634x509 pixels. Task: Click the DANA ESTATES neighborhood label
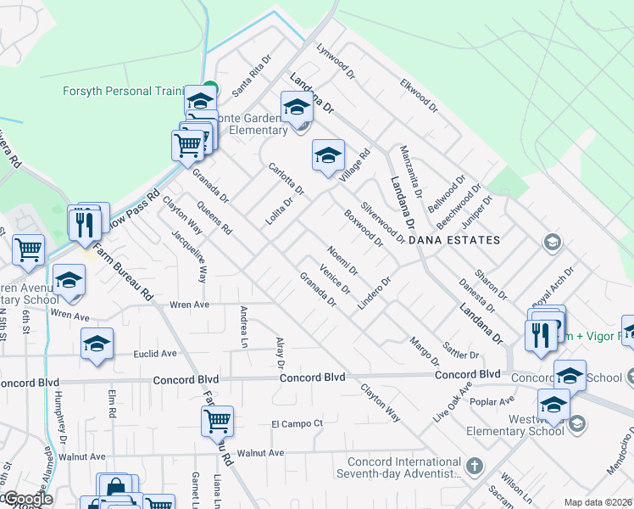(x=454, y=240)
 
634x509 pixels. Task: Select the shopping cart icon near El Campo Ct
(x=218, y=420)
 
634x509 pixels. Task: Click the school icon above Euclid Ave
(x=97, y=344)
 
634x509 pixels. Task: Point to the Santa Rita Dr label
(x=252, y=76)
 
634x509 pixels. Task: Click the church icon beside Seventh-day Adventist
(x=475, y=466)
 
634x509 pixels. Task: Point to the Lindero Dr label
(x=374, y=294)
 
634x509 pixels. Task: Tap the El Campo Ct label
(x=298, y=423)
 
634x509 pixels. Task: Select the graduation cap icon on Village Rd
(x=328, y=156)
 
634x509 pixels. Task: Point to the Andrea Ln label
(x=244, y=326)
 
